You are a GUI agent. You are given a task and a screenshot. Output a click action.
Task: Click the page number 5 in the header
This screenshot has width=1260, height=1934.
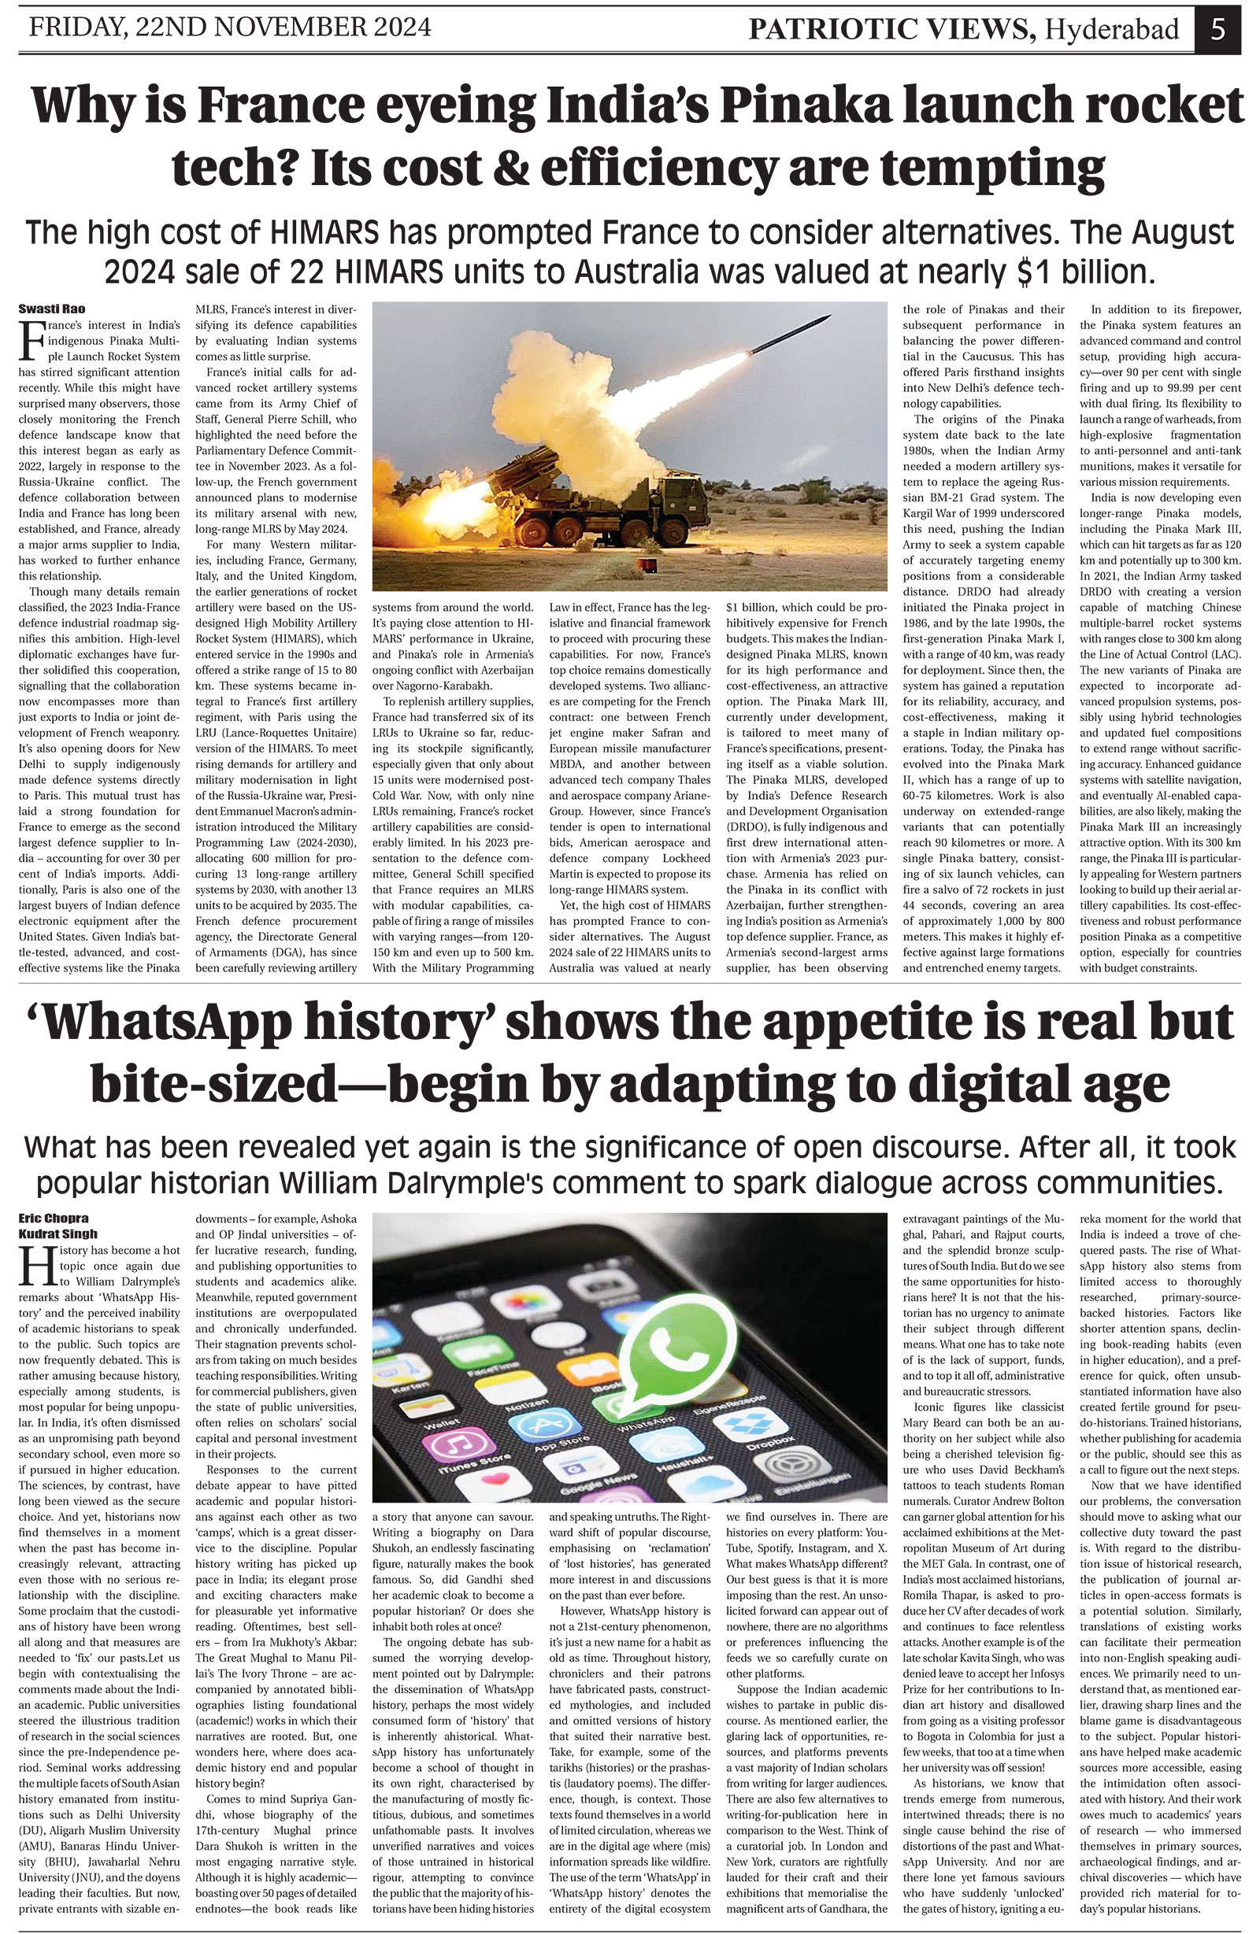point(1217,29)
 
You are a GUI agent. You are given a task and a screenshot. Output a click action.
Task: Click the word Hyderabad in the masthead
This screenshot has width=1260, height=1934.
point(1111,30)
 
